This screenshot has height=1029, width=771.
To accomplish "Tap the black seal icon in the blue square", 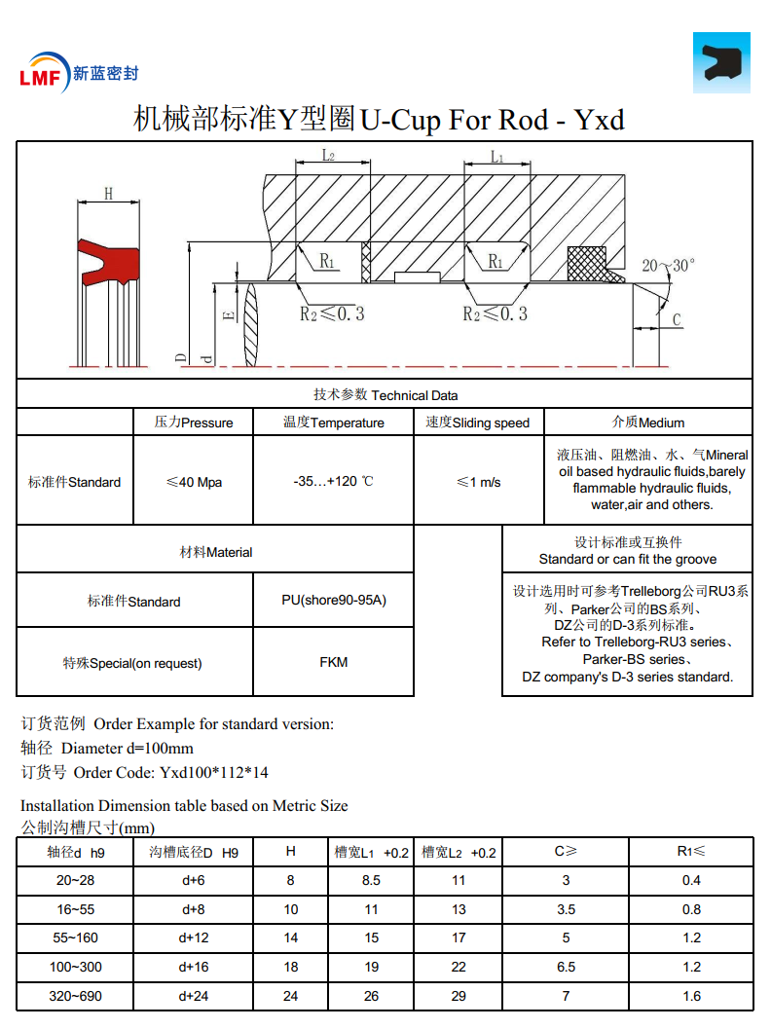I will coord(721,62).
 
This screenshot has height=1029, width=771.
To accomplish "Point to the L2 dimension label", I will coord(328,156).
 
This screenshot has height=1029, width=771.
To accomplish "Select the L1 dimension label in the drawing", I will coord(496,156).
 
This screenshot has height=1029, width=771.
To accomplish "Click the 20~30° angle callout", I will coord(669,264).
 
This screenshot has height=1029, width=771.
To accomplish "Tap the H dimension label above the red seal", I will coord(108,193).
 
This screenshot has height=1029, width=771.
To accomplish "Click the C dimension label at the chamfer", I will coord(677,319).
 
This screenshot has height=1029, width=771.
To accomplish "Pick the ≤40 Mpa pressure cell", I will coord(194,482).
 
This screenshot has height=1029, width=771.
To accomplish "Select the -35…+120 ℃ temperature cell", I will coord(333,482).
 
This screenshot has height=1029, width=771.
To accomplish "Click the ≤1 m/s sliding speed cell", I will coord(478,482).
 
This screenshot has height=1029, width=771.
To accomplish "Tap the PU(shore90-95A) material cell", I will coord(333,600).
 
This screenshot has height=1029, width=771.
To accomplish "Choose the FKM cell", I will coord(333,662).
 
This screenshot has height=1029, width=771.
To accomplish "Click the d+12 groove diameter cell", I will coord(194,937).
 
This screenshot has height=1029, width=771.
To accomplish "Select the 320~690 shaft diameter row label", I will coord(76,996).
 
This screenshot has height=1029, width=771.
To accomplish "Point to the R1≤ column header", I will coord(691,852).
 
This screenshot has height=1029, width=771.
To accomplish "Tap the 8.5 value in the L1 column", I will coord(371,880).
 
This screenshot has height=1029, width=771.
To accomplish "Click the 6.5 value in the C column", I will coord(566,967).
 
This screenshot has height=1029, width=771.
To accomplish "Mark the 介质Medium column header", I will coord(647,423).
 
